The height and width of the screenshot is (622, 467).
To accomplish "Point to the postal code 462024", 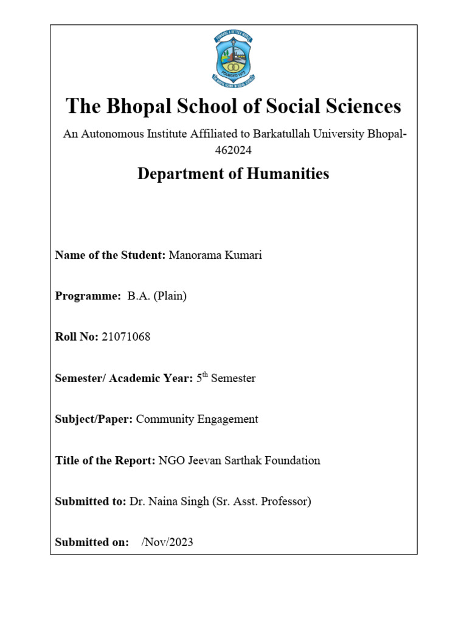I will pos(233,149).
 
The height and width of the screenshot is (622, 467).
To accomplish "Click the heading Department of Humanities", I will pos(233,174).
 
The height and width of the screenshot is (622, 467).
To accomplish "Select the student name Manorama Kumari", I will pos(215,255).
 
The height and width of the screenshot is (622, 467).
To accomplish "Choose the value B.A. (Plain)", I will pos(157,296).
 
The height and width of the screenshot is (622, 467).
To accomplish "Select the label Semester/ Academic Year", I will pos(124,378).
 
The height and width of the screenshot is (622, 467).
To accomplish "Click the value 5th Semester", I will pos(226,378).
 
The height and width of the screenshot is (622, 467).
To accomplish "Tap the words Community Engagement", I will pos(197,419).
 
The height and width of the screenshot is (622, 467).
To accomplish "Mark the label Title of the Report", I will pos(105,460).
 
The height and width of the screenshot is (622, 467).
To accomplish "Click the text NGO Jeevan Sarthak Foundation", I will pos(239,460).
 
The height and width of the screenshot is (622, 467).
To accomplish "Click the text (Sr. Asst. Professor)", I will pos(261,502).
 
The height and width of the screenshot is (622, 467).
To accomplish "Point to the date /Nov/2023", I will pos(167,542).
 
